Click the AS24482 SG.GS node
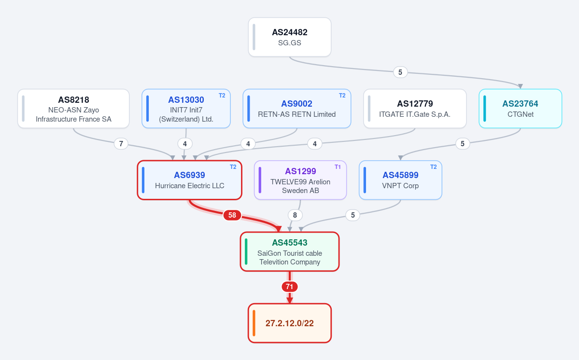[x=290, y=37]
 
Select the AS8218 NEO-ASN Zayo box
[x=73, y=109]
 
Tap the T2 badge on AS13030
[x=222, y=96]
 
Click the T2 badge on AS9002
[x=342, y=96]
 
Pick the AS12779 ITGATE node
[x=415, y=109]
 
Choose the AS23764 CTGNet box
[x=520, y=109]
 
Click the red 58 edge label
[x=232, y=215]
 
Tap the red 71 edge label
[x=290, y=287]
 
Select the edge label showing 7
[x=121, y=143]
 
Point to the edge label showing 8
[x=295, y=215]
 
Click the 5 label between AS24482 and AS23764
[x=400, y=72]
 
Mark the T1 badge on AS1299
[x=338, y=167]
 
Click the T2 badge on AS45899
[x=434, y=167]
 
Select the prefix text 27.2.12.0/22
[x=290, y=323]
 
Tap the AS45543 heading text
[x=290, y=243]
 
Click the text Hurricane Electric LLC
[x=190, y=186]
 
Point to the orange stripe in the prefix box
[x=254, y=323]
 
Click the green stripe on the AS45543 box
[x=246, y=252]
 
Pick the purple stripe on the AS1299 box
[x=260, y=180]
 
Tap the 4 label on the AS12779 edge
[x=314, y=143]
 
